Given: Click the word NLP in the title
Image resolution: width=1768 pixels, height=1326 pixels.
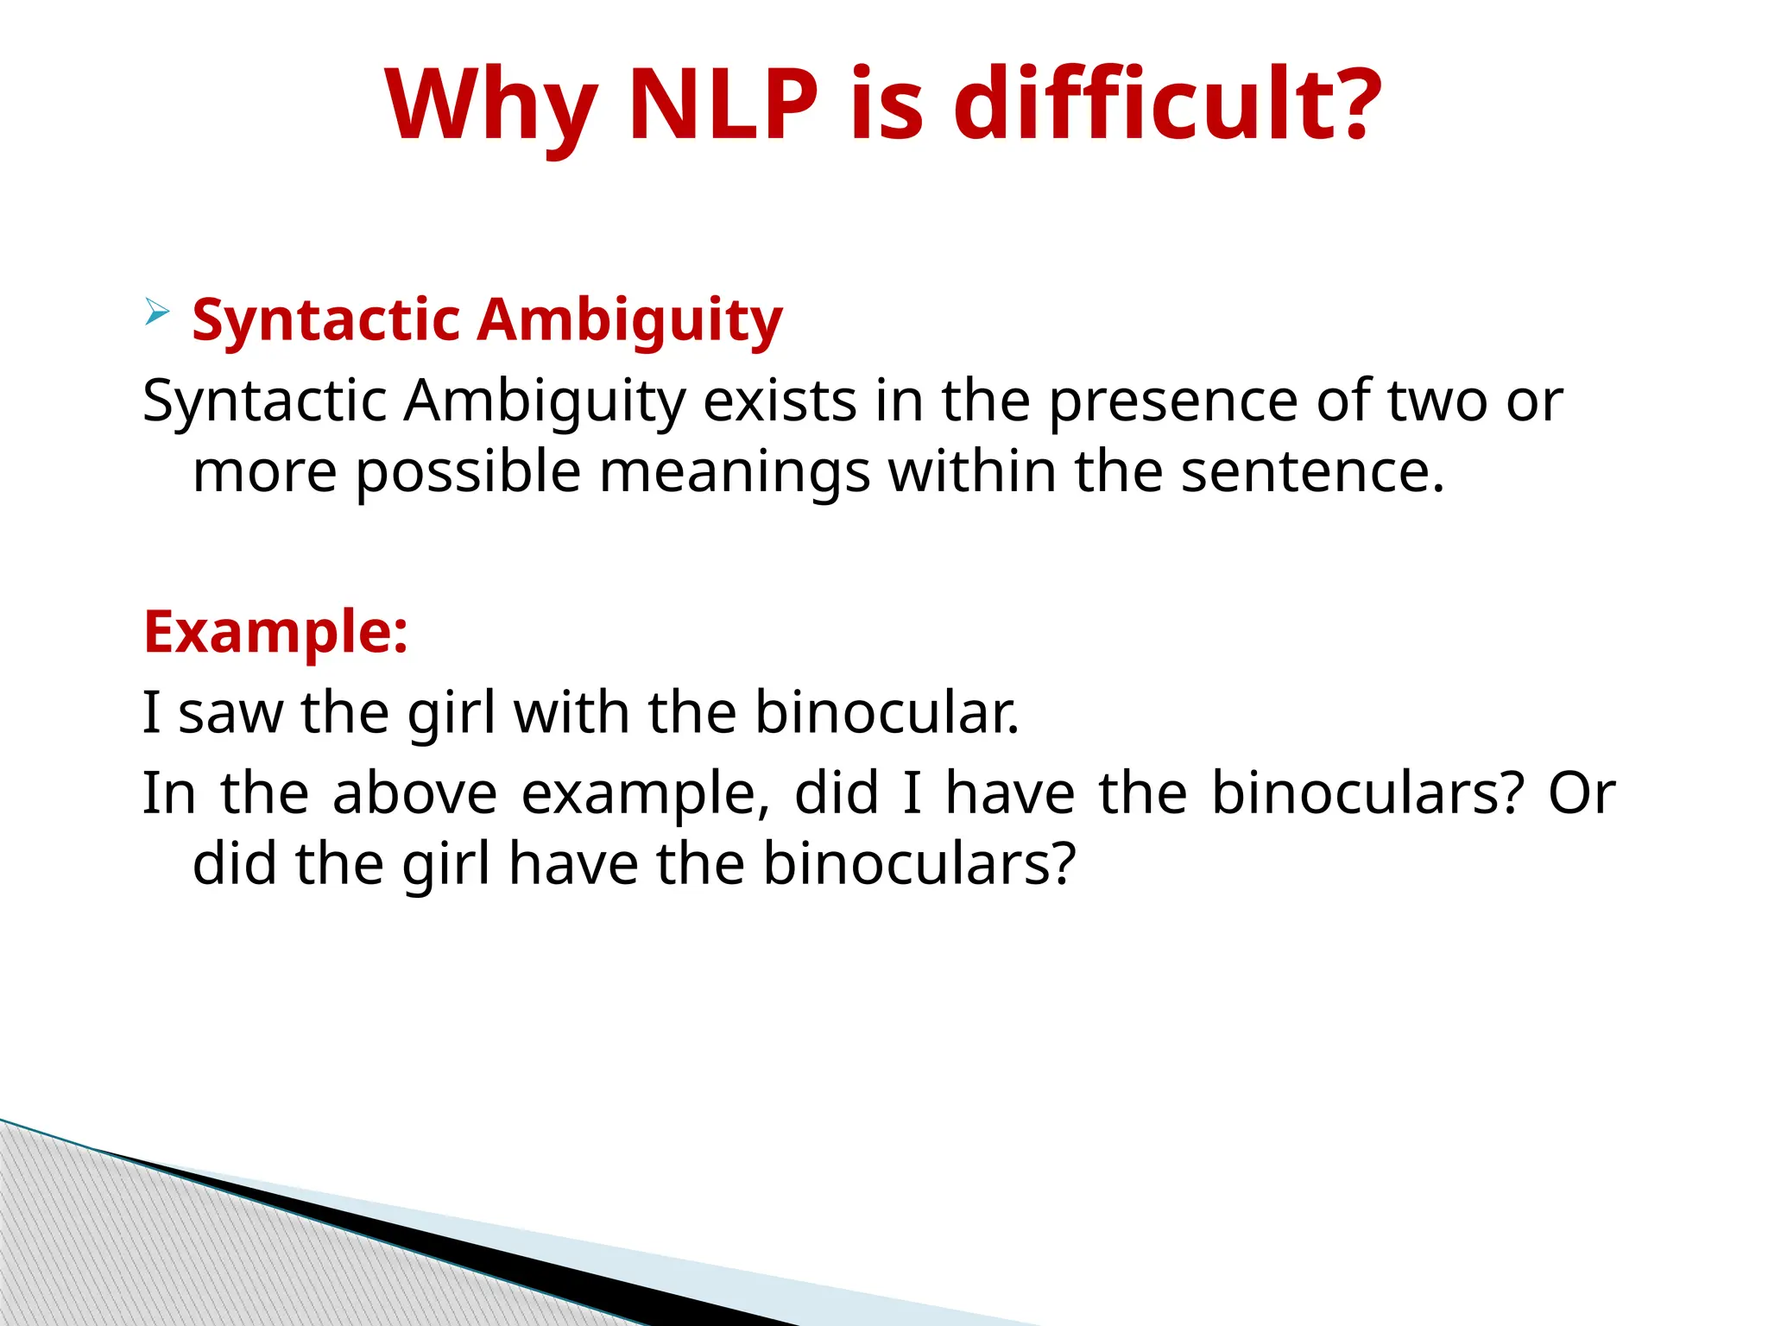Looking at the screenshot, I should click(x=723, y=105).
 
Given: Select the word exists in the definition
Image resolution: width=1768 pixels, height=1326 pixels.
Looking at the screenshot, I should click(x=780, y=401).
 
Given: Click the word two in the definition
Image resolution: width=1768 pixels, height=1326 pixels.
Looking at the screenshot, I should click(x=1437, y=401).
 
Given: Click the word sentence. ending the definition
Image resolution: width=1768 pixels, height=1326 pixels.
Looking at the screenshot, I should click(x=1312, y=472).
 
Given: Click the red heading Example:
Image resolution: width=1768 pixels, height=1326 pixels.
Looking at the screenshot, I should click(x=275, y=632).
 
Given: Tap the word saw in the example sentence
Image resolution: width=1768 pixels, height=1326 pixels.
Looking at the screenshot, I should click(x=230, y=713).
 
